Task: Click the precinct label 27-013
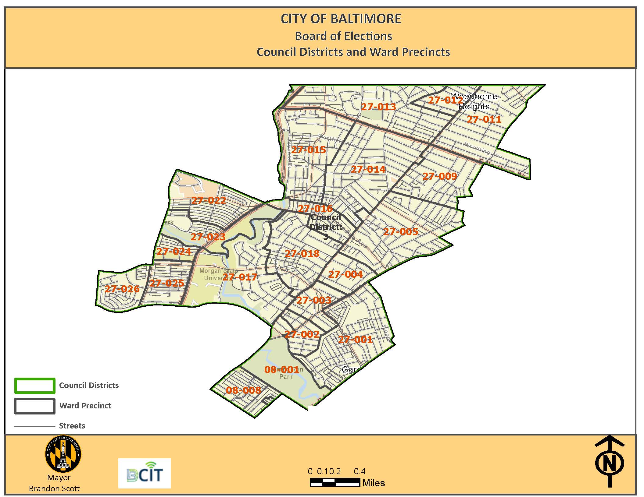pos(378,107)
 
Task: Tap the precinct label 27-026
pos(122,289)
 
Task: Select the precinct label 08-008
pos(243,390)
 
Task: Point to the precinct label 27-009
pos(440,176)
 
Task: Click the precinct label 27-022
pos(209,200)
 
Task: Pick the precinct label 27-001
pos(356,340)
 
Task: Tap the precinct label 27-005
pos(401,232)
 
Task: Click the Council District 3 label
pos(326,227)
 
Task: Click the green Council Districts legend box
pos(35,386)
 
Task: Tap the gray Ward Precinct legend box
pos(35,406)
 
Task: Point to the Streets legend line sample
pos(35,426)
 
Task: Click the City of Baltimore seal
pos(63,454)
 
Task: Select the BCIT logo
pos(145,473)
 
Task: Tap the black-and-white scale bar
pos(335,482)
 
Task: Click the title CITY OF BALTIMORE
pos(341,19)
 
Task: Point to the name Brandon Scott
pos(54,488)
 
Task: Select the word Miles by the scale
pos(374,483)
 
